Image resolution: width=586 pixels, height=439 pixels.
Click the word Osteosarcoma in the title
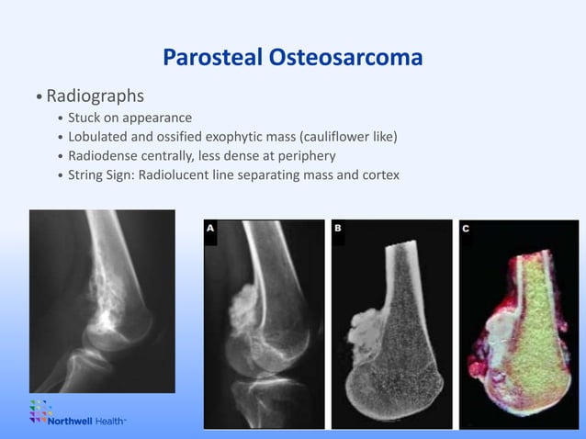[346, 58]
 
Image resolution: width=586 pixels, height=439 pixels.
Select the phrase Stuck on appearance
[130, 118]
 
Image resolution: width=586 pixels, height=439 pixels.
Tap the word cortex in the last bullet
[379, 174]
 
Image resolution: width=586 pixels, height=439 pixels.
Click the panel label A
[210, 230]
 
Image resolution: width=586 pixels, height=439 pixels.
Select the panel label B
[338, 230]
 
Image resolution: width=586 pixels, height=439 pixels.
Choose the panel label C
[466, 230]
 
